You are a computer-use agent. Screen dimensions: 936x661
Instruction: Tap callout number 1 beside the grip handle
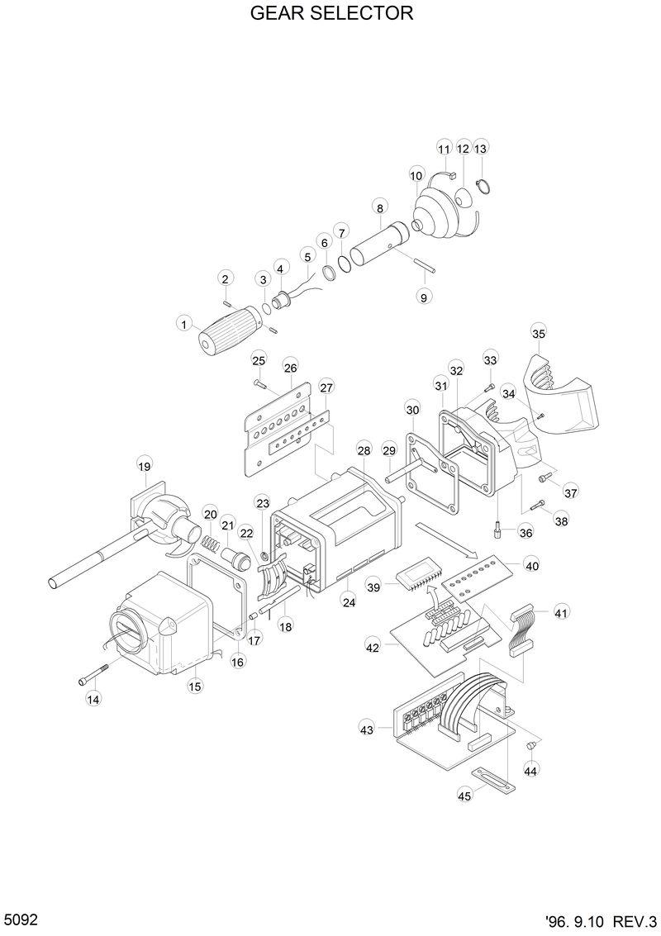pyautogui.click(x=183, y=325)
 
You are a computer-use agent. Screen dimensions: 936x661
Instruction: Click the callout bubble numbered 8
pyautogui.click(x=379, y=206)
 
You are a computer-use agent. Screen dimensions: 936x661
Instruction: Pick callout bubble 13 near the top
pyautogui.click(x=481, y=149)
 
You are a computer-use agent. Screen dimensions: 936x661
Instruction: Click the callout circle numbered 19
pyautogui.click(x=145, y=467)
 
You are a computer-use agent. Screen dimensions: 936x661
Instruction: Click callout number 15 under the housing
pyautogui.click(x=195, y=685)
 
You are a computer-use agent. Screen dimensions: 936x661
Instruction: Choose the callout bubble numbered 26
pyautogui.click(x=290, y=368)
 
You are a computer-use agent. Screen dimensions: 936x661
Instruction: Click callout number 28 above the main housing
pyautogui.click(x=364, y=449)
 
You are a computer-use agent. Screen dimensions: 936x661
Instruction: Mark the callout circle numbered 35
pyautogui.click(x=538, y=334)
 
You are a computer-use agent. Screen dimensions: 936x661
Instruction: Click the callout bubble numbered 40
pyautogui.click(x=532, y=567)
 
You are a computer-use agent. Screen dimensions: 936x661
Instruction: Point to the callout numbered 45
pyautogui.click(x=464, y=795)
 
